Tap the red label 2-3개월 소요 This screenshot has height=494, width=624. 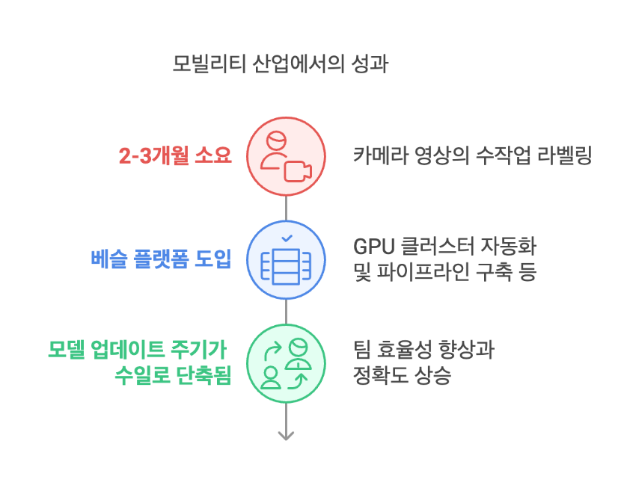tap(175, 155)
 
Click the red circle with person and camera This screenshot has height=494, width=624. tap(287, 156)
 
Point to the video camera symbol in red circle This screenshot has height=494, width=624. tap(297, 170)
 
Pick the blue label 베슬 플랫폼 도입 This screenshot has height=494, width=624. tap(161, 259)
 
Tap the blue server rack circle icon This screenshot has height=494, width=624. tap(287, 260)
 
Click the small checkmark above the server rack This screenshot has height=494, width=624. tap(287, 238)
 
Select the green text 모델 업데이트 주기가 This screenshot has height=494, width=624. tap(137, 349)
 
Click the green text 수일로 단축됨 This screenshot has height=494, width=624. tap(172, 375)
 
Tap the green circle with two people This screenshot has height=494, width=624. tap(287, 364)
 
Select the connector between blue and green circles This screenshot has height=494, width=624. tap(287, 312)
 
